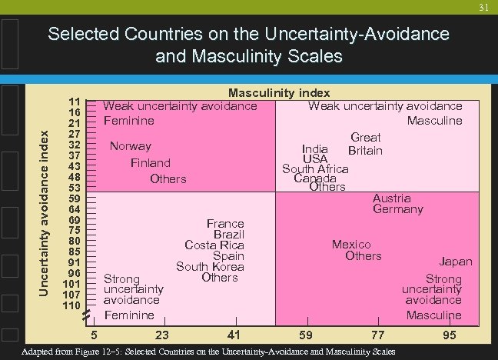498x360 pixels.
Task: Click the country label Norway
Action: [x=131, y=146]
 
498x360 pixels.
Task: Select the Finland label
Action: [x=151, y=163]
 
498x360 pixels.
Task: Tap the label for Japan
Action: [x=456, y=262]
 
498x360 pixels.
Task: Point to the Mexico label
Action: [x=351, y=245]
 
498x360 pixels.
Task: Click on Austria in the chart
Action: [x=392, y=198]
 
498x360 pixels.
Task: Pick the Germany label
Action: [x=398, y=209]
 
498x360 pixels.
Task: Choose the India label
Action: [x=315, y=148]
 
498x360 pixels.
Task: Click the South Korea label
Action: [x=210, y=267]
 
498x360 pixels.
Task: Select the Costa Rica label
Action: [x=214, y=245]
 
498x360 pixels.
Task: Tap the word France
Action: [x=225, y=223]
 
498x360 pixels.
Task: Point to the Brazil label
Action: [x=229, y=234]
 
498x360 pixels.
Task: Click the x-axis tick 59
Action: [x=306, y=335]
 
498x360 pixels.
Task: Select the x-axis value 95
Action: [x=450, y=335]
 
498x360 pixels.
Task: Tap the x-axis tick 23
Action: [x=162, y=335]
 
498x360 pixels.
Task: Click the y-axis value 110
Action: [x=72, y=305]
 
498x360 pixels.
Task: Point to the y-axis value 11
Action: [x=75, y=102]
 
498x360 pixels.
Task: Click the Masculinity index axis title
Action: [x=279, y=93]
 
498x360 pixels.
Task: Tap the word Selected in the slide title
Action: [x=81, y=35]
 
